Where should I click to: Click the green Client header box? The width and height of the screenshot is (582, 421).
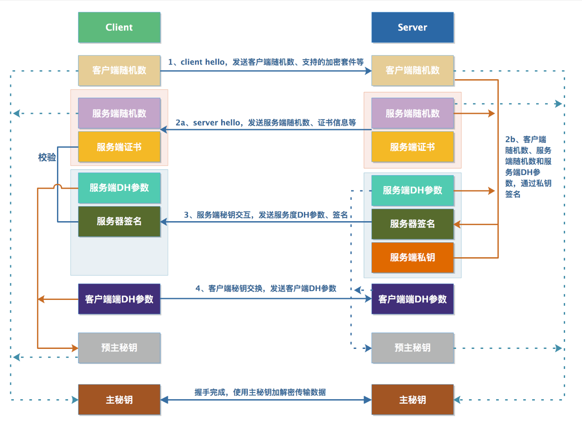click(119, 27)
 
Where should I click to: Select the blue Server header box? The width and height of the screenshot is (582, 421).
click(412, 27)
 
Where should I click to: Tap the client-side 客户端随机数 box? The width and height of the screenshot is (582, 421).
click(119, 70)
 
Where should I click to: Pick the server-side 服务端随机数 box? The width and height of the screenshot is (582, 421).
click(412, 113)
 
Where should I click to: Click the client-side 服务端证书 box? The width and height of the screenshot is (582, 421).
click(119, 147)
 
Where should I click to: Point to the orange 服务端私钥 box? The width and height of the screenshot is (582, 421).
click(412, 258)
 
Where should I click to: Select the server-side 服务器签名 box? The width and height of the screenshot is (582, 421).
click(412, 224)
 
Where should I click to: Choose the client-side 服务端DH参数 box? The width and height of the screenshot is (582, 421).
click(119, 188)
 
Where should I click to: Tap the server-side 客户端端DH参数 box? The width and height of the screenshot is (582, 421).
click(412, 299)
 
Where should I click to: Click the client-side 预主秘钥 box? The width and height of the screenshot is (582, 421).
click(119, 348)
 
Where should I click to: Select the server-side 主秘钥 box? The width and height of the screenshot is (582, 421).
click(412, 400)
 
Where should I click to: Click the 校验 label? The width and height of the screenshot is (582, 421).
click(47, 157)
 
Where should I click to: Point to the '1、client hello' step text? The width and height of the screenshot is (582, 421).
click(266, 62)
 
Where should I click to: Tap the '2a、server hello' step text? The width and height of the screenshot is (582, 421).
click(266, 122)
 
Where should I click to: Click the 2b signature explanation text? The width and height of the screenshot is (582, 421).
click(528, 166)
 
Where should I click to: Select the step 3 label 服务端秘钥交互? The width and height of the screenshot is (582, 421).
click(266, 215)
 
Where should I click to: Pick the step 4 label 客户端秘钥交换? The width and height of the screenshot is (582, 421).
click(266, 288)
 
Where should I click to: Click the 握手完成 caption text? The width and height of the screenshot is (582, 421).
click(260, 392)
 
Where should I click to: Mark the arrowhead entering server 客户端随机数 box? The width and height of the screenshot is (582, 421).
click(368, 71)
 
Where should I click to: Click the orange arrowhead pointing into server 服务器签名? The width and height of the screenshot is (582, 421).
click(457, 224)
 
